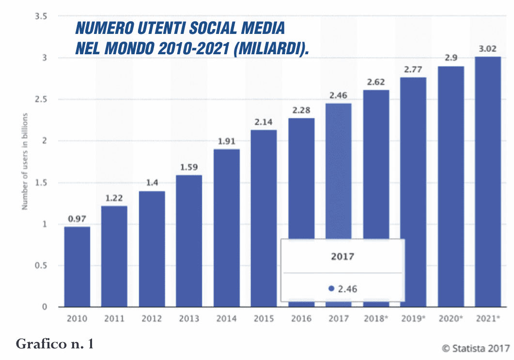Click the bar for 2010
click(77, 266)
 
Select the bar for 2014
click(227, 228)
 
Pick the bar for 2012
click(152, 249)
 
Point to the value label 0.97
click(77, 219)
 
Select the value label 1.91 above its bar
click(227, 141)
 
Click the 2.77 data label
click(413, 69)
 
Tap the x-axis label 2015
click(264, 319)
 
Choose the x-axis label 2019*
click(413, 319)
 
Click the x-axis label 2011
click(114, 319)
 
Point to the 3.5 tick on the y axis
click(41, 16)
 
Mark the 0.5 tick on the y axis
click(41, 266)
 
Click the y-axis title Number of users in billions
click(25, 162)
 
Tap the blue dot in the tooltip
click(331, 288)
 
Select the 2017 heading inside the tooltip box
click(343, 257)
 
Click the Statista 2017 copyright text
click(476, 347)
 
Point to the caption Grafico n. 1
click(54, 344)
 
